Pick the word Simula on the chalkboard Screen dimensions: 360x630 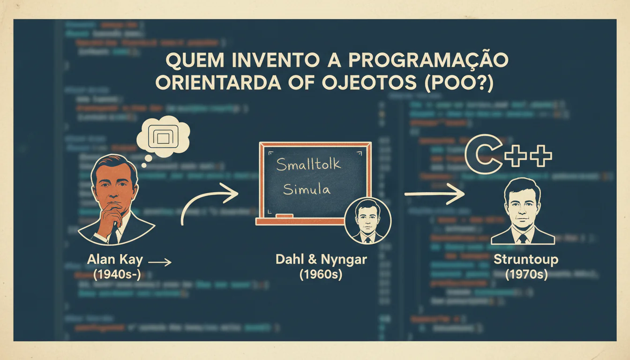(x=307, y=189)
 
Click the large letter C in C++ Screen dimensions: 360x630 (x=482, y=156)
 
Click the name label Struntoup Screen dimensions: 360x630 (x=526, y=260)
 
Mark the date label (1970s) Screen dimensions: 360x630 (x=526, y=274)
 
